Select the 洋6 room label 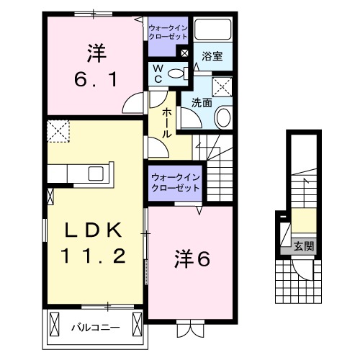click(x=192, y=259)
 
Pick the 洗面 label click(x=201, y=103)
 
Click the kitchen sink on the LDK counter click(x=96, y=174)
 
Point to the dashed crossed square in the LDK click(x=57, y=132)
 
